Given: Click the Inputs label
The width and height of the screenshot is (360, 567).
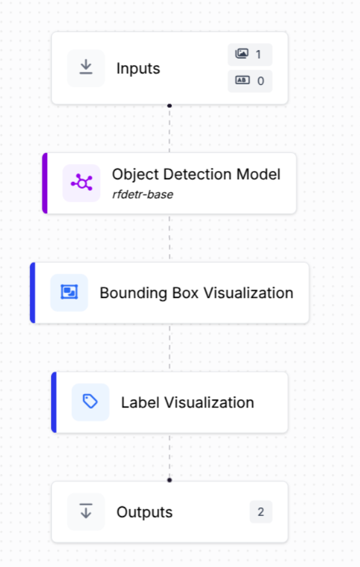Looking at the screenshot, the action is click(x=138, y=69).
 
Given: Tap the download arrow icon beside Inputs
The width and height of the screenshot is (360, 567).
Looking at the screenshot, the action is click(x=85, y=67).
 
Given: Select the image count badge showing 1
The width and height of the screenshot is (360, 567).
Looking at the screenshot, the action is click(x=250, y=55).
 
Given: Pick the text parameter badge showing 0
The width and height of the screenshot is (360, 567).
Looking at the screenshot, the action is click(x=250, y=81).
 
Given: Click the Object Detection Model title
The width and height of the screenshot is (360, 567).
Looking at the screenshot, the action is click(x=196, y=175).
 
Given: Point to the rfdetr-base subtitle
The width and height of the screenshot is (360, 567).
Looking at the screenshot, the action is click(x=143, y=194).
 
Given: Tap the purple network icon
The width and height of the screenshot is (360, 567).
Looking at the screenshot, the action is click(x=81, y=183).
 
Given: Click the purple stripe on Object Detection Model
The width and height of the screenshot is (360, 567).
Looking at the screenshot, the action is click(x=45, y=183).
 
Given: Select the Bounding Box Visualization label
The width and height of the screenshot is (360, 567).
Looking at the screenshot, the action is click(x=196, y=293).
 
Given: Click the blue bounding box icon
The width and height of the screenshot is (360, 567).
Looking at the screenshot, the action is click(x=69, y=293).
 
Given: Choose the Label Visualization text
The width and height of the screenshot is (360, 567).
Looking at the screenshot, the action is click(x=187, y=403).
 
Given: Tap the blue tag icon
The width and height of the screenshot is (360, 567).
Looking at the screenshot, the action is click(x=90, y=402).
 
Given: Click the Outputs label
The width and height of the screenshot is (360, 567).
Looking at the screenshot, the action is click(x=144, y=512).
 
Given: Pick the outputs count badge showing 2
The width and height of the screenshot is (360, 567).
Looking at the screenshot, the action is click(x=261, y=512).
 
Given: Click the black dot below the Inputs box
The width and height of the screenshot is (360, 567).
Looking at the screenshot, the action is click(x=169, y=105).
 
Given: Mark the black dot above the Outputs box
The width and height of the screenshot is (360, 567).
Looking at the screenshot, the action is click(x=169, y=480).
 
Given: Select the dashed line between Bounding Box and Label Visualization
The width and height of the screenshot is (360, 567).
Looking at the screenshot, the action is click(x=169, y=348).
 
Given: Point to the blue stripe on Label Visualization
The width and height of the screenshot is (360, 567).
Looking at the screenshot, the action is click(x=54, y=402).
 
